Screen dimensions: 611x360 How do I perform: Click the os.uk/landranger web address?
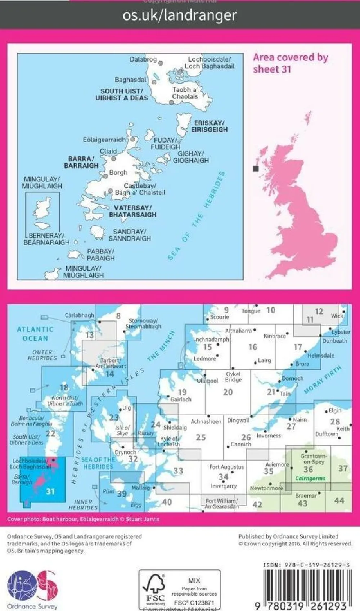[x=180, y=15]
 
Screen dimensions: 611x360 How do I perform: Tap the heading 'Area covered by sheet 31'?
[x=290, y=63]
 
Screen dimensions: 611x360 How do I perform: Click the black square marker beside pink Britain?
[x=256, y=169]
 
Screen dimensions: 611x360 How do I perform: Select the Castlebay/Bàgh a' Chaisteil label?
[x=140, y=189]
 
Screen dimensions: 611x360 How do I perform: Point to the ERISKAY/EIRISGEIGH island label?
[x=209, y=126]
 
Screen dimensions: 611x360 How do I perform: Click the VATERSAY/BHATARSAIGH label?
[x=132, y=211]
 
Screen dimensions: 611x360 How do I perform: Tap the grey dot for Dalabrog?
[x=161, y=63]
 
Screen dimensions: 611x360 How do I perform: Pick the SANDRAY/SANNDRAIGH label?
[x=129, y=235]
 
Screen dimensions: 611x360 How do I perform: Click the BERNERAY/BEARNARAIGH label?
[x=46, y=239]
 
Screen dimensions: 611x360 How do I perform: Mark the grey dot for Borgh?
[x=105, y=176]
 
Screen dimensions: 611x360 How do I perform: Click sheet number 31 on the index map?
[x=50, y=491]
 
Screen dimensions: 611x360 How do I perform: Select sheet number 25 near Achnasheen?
[x=201, y=437]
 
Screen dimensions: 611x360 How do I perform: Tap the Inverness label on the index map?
[x=269, y=436]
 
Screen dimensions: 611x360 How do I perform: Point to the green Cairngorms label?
[x=310, y=479]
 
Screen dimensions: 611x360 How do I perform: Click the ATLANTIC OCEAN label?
[x=35, y=334]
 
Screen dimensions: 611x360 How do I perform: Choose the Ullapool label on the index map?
[x=207, y=381]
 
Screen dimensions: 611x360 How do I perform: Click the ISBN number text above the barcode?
[x=306, y=565]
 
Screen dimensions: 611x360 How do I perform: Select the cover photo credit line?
[x=83, y=519]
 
